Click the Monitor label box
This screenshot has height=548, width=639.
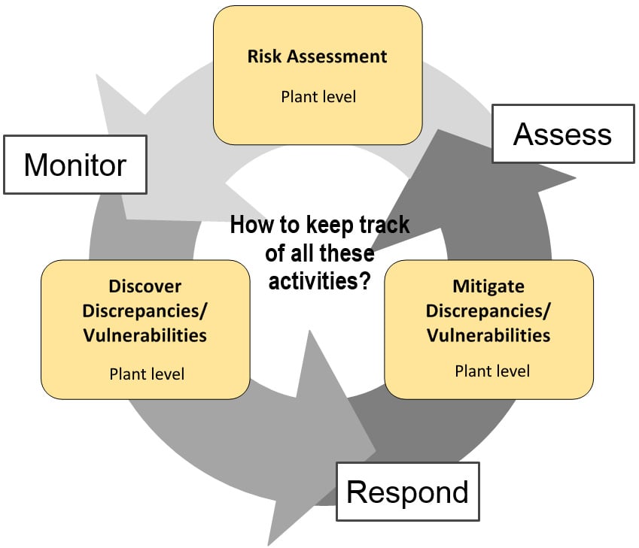coord(75,165)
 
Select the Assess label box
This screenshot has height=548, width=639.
coord(563,134)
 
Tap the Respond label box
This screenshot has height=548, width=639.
coord(407,492)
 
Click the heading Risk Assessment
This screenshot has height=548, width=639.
coord(317,56)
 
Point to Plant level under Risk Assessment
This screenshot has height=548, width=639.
coord(318,97)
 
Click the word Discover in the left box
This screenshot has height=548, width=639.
coord(145,286)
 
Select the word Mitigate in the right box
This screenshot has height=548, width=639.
coord(488,286)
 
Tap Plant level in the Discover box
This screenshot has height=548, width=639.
coord(147,374)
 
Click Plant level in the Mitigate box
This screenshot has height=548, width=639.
coord(492,371)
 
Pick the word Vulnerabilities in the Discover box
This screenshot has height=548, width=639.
coord(145,335)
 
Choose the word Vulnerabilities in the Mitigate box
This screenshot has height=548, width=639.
coord(488,335)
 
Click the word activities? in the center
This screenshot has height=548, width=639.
coord(319,281)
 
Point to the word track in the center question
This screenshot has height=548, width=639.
coord(385,224)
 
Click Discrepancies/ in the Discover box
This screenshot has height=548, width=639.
coord(145,311)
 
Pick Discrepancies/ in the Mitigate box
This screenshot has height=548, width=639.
coord(488,311)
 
